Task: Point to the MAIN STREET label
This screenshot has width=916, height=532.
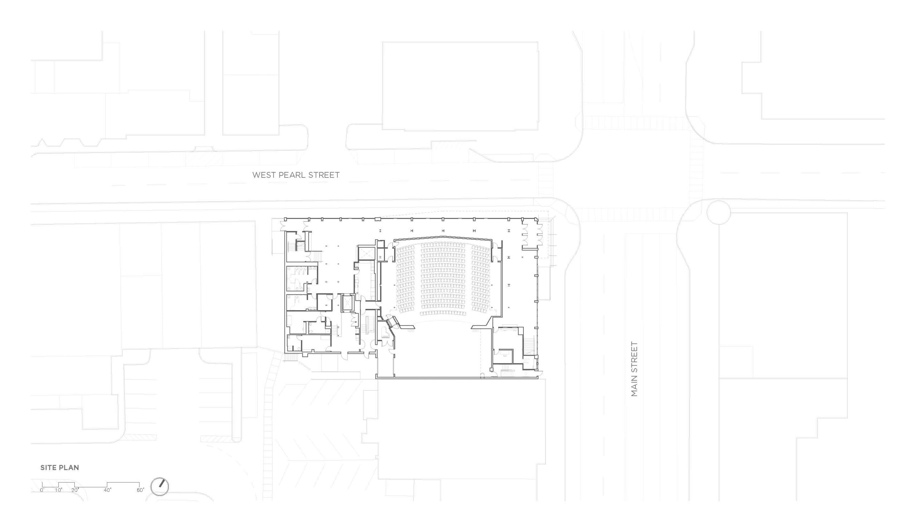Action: click(634, 369)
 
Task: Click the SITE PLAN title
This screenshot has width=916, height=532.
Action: click(60, 468)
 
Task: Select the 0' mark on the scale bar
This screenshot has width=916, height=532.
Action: click(42, 490)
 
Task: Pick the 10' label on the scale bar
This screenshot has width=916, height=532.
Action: click(59, 490)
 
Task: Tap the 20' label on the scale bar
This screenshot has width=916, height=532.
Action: click(75, 490)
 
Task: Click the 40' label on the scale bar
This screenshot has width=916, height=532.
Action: click(107, 490)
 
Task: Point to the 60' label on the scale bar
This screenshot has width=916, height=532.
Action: click(140, 490)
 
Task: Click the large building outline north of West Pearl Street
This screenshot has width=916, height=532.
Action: click(460, 86)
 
